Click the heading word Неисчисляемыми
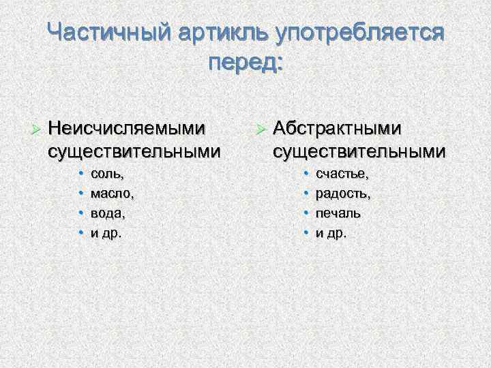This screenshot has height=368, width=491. click(127, 127)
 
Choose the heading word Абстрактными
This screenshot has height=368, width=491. click(338, 127)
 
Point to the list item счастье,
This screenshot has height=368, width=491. click(342, 175)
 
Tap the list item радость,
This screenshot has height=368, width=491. click(343, 194)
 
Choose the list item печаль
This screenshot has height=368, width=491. click(338, 213)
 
